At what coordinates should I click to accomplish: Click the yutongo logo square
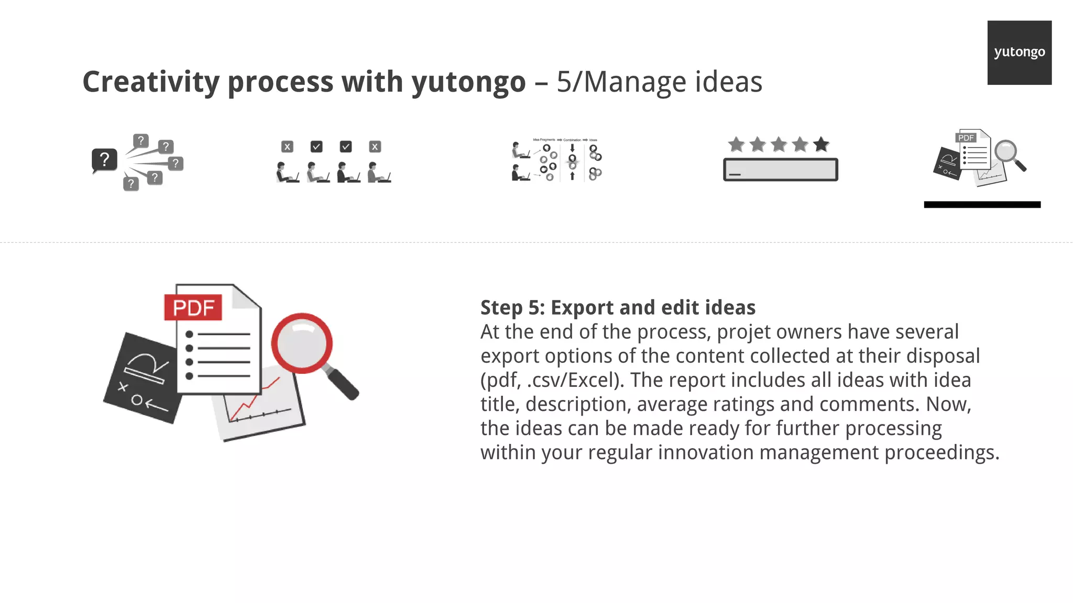pos(1019,52)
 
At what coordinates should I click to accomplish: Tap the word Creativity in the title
pos(151,82)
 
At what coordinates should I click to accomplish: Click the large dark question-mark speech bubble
pos(104,159)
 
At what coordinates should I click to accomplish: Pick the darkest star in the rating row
pos(821,144)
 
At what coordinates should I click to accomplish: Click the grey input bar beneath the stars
pos(780,170)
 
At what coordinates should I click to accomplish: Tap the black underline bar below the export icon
pos(982,205)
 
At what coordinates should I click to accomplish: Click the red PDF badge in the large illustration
pos(193,308)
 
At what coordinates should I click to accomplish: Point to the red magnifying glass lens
pos(302,343)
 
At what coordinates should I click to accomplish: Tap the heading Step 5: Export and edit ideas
pos(618,308)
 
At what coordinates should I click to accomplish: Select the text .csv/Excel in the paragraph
pos(575,380)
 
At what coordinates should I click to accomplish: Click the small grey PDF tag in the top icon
pos(966,138)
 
